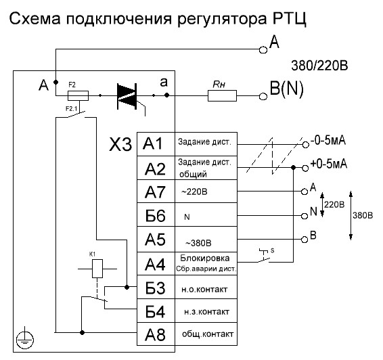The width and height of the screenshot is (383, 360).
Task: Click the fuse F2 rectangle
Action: [78, 95]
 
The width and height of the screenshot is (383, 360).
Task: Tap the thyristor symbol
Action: [127, 96]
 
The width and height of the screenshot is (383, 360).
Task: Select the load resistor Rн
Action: [222, 95]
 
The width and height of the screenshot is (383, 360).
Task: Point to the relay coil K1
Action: [97, 269]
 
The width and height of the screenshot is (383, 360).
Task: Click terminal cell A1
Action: [156, 144]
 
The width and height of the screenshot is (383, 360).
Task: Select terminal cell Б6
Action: [156, 215]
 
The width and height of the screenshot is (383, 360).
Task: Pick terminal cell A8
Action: [156, 334]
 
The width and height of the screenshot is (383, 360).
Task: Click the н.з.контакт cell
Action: [206, 311]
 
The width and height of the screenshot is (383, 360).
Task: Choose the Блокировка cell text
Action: [204, 258]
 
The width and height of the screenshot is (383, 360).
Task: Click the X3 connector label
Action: [120, 144]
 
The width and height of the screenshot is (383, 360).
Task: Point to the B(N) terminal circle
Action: [263, 97]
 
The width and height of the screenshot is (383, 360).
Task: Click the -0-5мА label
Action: [328, 141]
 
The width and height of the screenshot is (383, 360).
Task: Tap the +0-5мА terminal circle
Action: [305, 168]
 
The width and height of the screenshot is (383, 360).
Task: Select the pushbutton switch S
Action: [264, 256]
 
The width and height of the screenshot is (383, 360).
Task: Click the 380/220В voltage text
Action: [319, 66]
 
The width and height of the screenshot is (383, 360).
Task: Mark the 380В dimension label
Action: [363, 215]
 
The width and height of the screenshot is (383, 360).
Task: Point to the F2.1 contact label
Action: [72, 108]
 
